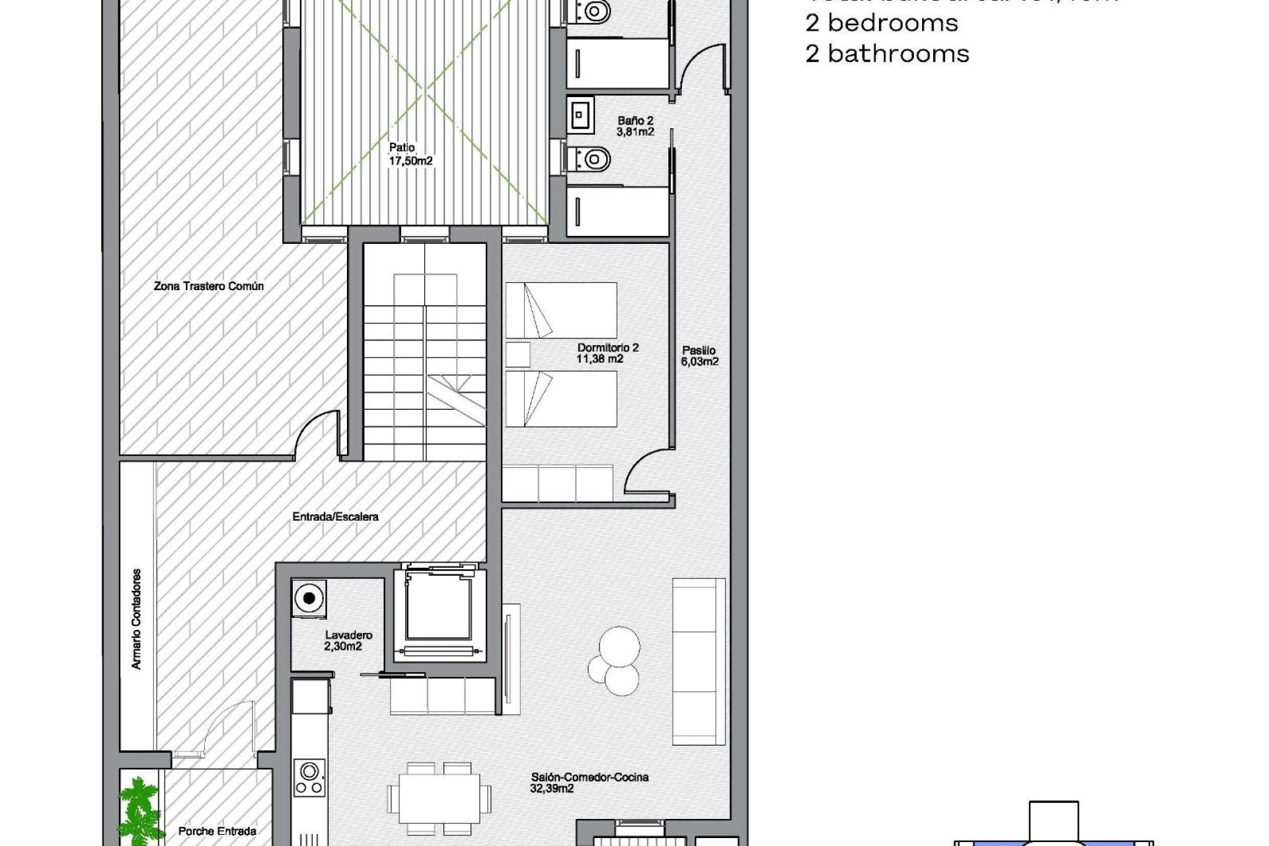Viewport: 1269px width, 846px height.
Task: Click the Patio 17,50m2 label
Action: [410, 154]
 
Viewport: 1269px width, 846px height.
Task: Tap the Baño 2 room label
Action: [635, 126]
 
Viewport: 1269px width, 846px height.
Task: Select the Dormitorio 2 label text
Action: [607, 353]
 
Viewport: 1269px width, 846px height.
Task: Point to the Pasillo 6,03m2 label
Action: [699, 356]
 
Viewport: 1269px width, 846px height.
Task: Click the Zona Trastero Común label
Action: [208, 286]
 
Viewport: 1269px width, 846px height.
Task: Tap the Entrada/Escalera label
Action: [335, 516]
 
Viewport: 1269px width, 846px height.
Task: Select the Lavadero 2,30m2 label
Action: [348, 640]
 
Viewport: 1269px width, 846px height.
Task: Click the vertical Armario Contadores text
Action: [137, 619]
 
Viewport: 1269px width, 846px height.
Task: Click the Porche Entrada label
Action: [217, 831]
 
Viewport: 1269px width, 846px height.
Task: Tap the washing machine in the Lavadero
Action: [309, 599]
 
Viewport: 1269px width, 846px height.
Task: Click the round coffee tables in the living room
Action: [615, 661]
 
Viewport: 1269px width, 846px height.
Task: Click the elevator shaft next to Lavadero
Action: [439, 611]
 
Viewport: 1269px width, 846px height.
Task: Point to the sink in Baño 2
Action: [580, 116]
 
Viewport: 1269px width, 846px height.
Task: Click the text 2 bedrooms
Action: [881, 23]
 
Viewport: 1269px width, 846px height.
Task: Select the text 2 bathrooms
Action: [887, 54]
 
